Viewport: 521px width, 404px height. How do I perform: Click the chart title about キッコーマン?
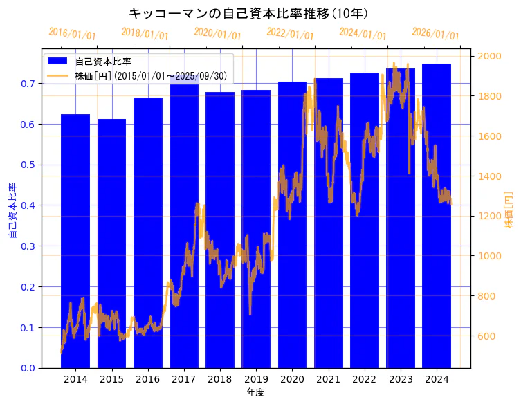[248, 13]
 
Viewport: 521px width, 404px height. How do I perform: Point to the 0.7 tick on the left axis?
[28, 84]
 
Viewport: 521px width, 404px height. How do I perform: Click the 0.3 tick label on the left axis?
[28, 246]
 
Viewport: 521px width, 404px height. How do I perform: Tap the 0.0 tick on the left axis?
[28, 368]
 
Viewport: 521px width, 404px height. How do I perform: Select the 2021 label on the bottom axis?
[328, 380]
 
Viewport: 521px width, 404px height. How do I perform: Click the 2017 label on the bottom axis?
[184, 380]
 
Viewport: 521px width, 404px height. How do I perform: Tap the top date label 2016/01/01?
[72, 33]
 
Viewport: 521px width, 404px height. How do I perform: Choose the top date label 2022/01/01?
[290, 33]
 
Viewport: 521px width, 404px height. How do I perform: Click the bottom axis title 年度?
[255, 392]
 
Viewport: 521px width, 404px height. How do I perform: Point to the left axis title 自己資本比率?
[12, 211]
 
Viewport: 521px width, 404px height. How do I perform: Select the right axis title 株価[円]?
[509, 211]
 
